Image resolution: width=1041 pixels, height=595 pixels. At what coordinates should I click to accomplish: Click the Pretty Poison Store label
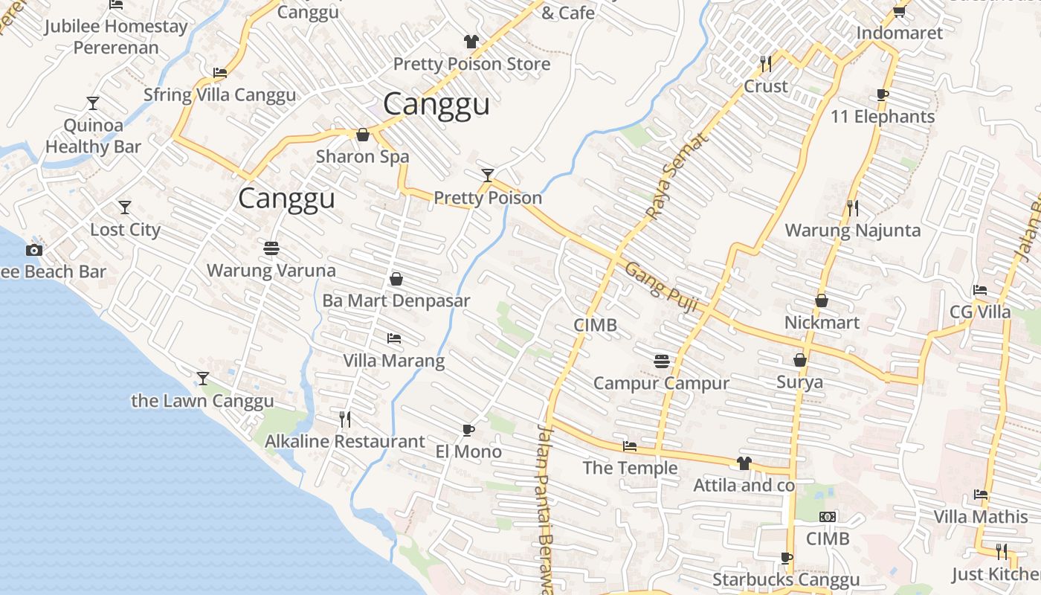click(x=471, y=64)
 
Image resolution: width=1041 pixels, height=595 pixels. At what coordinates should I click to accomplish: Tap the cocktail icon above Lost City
click(x=125, y=207)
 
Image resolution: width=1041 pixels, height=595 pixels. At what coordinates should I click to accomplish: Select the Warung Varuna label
click(x=271, y=270)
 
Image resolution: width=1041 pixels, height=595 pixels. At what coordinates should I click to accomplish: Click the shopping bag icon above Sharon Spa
click(x=363, y=135)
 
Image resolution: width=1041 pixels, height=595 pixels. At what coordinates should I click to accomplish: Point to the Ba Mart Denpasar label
click(x=396, y=300)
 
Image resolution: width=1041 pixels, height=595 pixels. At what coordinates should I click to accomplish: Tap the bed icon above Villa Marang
click(x=394, y=338)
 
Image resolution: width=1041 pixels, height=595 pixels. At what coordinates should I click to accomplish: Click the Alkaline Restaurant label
click(x=345, y=441)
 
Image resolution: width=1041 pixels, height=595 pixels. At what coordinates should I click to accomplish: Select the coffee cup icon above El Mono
click(x=468, y=430)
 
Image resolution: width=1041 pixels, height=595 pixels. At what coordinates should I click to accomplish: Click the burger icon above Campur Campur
click(x=662, y=361)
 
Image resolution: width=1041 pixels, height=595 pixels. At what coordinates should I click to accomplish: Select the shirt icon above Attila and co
click(x=744, y=463)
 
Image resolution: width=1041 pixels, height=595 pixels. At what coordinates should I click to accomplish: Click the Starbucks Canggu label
click(x=786, y=579)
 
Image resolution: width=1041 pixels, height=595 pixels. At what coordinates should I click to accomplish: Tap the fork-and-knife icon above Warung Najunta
click(x=853, y=208)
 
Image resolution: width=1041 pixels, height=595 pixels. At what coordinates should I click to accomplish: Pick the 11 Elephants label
click(x=883, y=117)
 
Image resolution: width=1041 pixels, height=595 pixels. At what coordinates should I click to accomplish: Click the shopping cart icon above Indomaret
click(x=899, y=11)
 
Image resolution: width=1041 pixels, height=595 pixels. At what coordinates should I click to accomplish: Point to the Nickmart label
click(x=822, y=322)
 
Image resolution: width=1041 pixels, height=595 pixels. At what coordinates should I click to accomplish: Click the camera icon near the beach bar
click(x=34, y=250)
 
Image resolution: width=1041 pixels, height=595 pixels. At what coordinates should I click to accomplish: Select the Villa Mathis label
click(x=981, y=516)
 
